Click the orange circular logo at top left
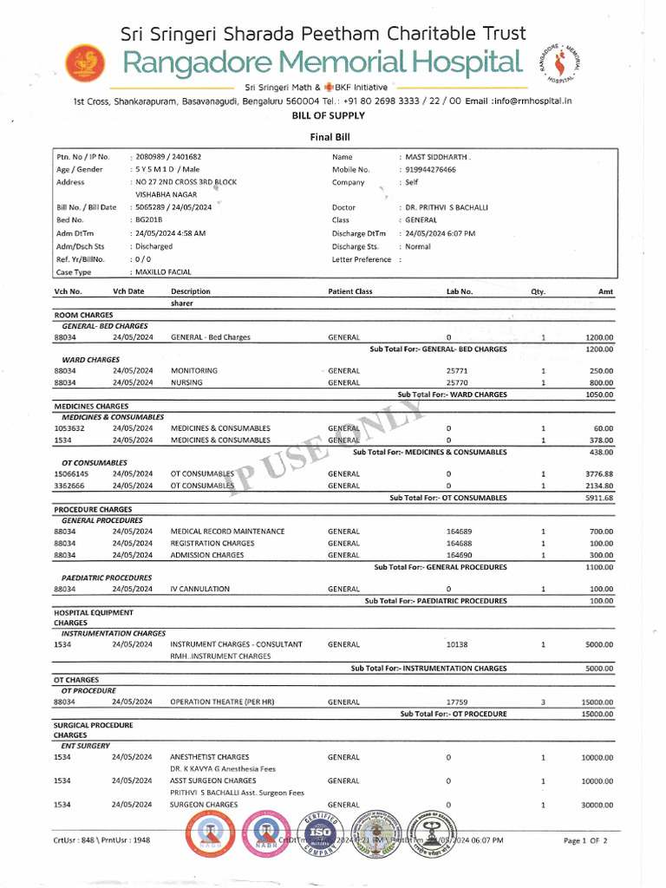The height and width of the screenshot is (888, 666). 84,62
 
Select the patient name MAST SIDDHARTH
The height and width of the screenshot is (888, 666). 438,157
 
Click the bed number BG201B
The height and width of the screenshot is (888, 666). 149,221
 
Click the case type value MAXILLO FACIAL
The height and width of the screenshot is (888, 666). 162,272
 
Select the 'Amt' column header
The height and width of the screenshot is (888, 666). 605,292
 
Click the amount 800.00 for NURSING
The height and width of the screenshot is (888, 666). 599,382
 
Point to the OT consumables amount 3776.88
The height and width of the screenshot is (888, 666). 597,474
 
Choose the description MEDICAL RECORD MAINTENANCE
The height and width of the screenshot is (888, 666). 227,532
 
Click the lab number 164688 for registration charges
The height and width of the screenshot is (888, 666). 459,544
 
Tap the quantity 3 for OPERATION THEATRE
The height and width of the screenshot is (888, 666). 543,702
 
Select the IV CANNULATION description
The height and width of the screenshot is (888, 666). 200,590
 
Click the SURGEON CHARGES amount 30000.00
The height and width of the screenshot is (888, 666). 597,806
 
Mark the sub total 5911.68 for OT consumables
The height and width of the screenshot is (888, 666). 597,498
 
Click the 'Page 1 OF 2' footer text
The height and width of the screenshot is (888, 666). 585,841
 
